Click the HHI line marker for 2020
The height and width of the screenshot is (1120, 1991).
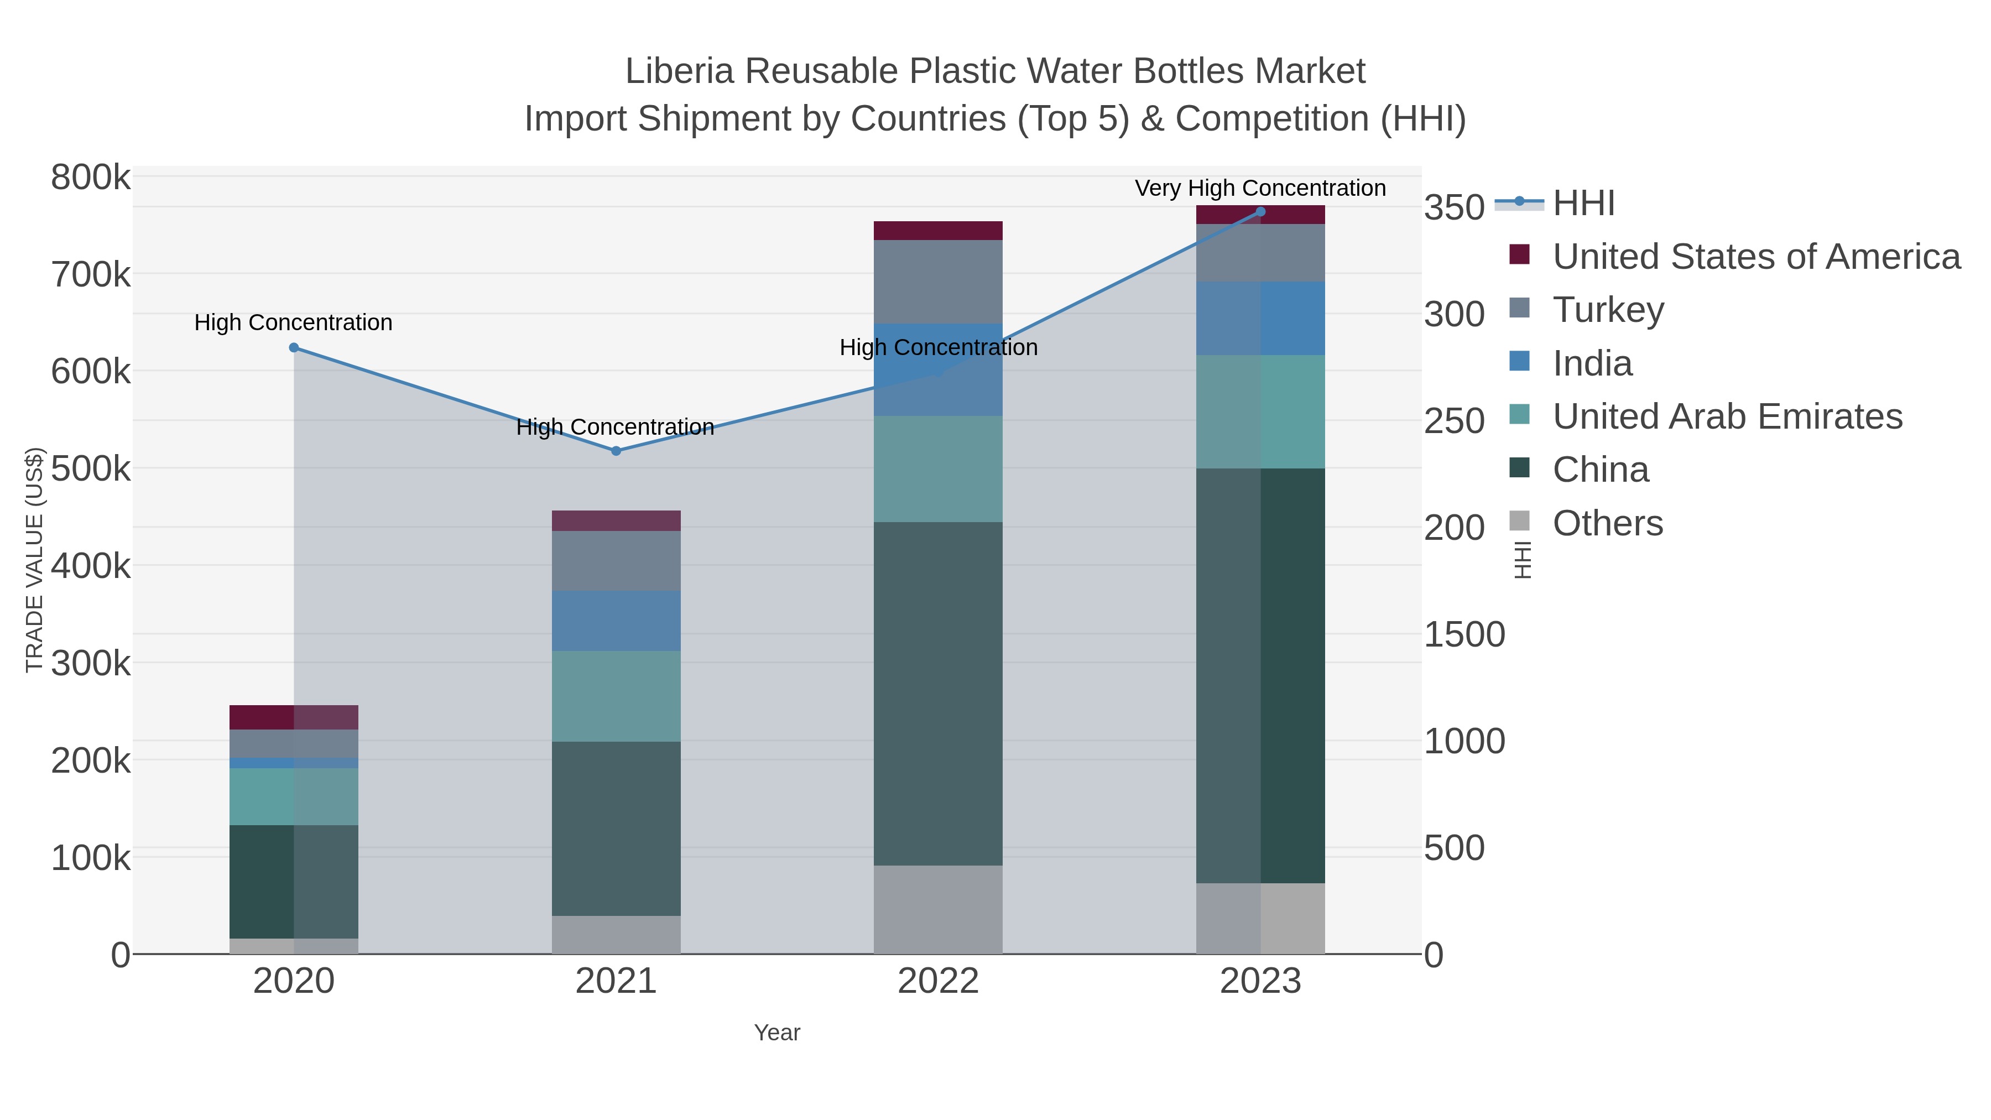[294, 348]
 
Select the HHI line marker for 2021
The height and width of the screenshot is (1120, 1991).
[616, 451]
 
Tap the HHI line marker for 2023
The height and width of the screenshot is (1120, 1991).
[1260, 212]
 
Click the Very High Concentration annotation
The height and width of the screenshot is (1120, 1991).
[1260, 188]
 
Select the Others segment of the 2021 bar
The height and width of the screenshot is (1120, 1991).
[616, 935]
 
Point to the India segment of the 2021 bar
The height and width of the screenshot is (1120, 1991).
[616, 621]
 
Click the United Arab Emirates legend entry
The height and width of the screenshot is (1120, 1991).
[1727, 416]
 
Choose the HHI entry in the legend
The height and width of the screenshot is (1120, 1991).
[1583, 204]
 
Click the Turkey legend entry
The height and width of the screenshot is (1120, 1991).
[1608, 310]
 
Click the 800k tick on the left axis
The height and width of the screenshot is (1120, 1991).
[91, 178]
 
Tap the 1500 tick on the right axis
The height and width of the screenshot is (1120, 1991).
[1464, 634]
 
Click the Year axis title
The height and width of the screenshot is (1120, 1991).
[777, 1033]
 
